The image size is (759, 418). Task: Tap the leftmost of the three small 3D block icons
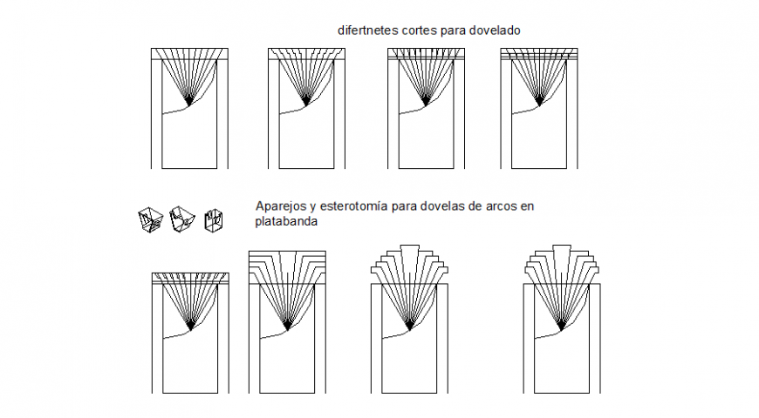150,220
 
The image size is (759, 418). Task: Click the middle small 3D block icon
181,219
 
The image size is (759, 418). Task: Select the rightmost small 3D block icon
213,220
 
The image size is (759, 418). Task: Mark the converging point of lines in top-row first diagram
189,104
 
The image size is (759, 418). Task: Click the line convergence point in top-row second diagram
305,104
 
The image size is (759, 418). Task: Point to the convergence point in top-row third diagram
425,104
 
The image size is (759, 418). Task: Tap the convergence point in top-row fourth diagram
538,104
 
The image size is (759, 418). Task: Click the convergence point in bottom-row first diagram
189,328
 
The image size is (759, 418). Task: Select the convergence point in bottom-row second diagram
287,328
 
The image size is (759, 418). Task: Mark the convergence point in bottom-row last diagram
563,328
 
